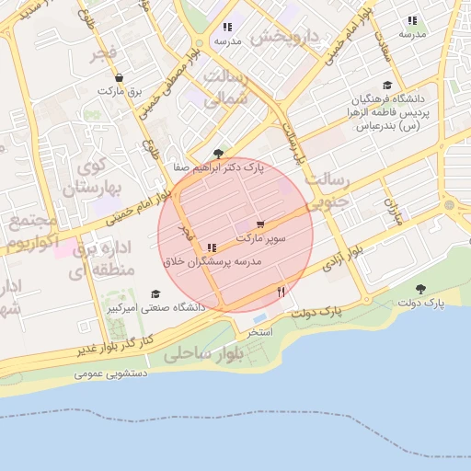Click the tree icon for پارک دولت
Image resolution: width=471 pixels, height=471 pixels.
(421, 289)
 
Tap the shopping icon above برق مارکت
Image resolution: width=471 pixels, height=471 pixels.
(119, 78)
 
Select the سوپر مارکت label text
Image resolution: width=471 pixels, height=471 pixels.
(261, 238)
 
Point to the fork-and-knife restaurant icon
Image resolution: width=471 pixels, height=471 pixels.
(281, 292)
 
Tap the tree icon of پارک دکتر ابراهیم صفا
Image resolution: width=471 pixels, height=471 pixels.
(217, 154)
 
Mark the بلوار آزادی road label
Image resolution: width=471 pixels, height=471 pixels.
(345, 252)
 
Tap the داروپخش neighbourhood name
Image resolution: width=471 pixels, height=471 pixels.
(284, 38)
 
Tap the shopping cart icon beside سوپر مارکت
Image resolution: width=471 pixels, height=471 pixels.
(261, 224)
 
